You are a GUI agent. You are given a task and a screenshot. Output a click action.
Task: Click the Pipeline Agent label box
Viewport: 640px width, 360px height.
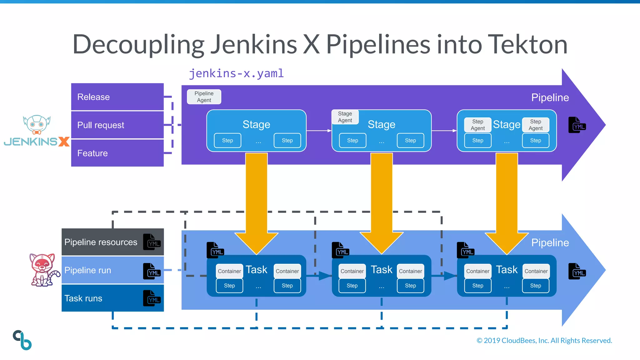204,97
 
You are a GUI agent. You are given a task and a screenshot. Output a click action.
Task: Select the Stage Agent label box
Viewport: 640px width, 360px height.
345,117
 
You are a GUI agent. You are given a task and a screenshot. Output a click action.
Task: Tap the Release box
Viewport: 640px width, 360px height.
117,97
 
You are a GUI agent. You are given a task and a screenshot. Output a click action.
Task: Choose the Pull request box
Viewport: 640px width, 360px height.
117,125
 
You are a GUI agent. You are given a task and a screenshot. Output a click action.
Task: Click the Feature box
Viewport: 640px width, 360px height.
117,153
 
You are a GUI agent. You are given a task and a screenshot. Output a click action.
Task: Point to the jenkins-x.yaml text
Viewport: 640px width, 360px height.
236,73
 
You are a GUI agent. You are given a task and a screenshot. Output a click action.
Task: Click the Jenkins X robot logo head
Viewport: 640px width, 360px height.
37,124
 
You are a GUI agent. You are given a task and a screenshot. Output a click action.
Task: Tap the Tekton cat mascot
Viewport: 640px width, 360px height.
43,270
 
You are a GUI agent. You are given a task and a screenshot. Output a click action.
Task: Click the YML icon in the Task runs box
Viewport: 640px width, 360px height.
152,298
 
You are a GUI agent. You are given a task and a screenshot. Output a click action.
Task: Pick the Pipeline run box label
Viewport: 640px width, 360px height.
88,270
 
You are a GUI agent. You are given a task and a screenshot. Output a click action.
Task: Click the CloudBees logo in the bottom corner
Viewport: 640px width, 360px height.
22,340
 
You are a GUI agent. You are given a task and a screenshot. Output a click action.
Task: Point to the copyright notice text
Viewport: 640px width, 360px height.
544,340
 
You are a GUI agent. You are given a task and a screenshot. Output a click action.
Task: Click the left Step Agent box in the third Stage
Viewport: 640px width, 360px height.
477,125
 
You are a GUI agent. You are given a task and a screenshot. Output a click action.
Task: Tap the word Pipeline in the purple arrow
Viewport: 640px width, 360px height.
550,97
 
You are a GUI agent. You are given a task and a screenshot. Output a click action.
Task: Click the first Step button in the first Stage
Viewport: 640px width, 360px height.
227,140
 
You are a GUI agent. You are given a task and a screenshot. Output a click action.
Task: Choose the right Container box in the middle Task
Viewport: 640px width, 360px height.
410,271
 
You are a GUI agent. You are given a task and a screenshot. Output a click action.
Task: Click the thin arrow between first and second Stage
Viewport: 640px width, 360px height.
319,131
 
